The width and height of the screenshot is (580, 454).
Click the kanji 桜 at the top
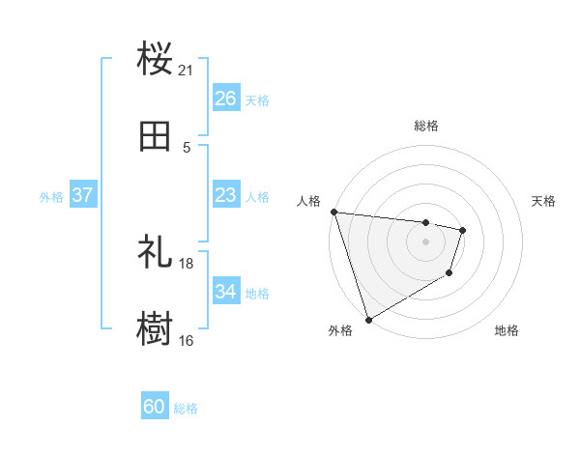coord(156,59)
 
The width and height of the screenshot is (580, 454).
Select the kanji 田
coord(156,137)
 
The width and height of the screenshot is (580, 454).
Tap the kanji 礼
coord(156,251)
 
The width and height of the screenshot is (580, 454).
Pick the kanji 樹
coord(156,329)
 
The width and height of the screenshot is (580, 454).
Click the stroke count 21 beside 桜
coord(187,70)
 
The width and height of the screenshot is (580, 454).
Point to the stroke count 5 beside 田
coord(187,148)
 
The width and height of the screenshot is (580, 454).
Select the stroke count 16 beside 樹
coord(187,341)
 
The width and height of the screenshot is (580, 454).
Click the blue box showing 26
coord(226,98)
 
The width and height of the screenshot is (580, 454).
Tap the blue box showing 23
coord(226,195)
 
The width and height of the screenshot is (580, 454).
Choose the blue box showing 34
coord(226,292)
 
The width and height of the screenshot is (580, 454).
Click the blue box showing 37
coord(83,195)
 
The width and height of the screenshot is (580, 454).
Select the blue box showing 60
coord(155,407)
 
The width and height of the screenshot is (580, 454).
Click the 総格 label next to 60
coord(186,409)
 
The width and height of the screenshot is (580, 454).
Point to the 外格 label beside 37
coord(51,197)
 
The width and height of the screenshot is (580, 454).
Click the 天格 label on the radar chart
coord(544,201)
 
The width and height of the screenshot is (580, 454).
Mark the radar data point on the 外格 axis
coord(368,320)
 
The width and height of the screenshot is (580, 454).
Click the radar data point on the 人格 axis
coord(333,212)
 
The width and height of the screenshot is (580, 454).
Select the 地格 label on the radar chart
coord(507,330)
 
